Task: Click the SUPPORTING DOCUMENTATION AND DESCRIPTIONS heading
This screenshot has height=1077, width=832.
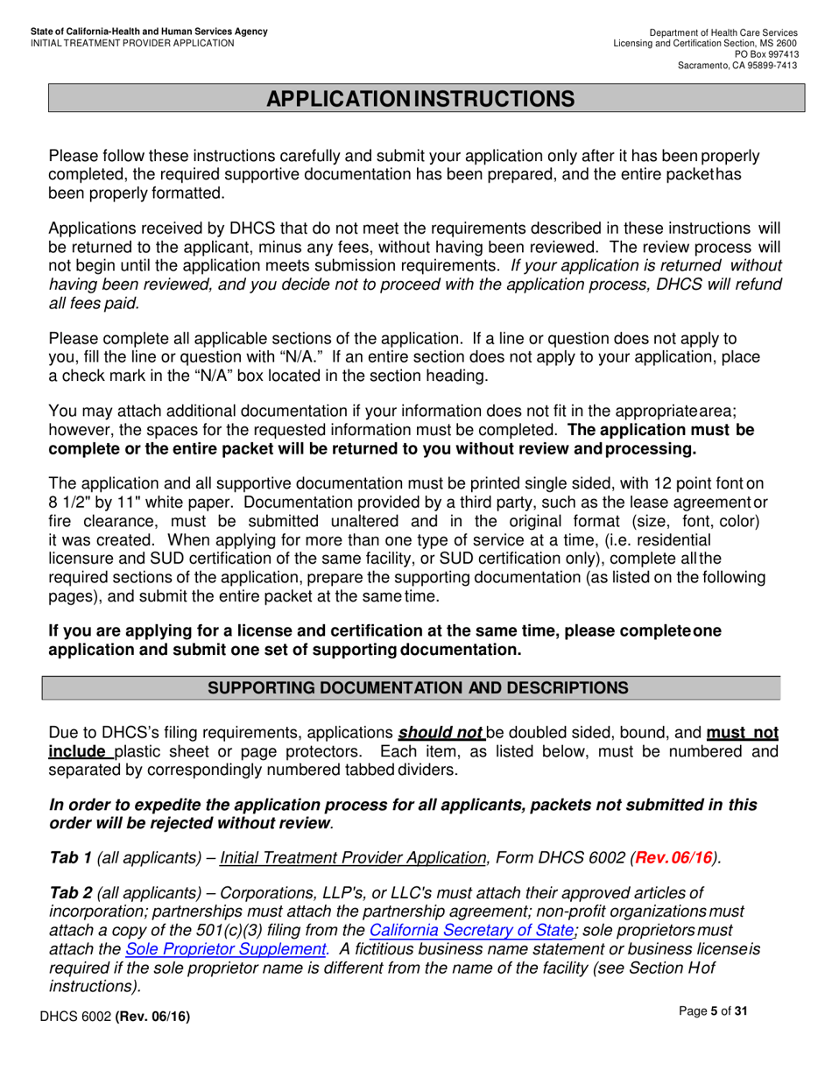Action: click(x=417, y=688)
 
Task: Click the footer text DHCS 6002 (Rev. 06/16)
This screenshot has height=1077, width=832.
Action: click(x=114, y=1016)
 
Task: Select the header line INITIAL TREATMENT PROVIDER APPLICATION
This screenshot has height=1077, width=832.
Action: click(x=132, y=43)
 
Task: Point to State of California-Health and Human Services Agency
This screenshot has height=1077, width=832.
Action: click(x=149, y=32)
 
